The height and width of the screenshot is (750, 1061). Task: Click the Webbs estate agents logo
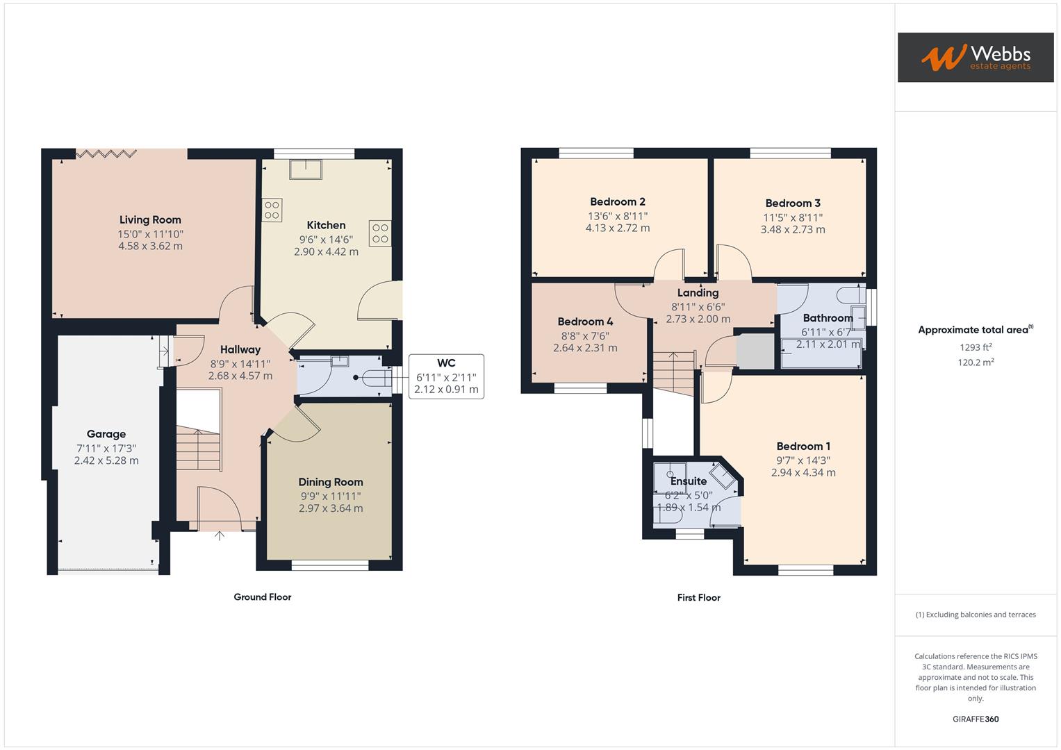[975, 57]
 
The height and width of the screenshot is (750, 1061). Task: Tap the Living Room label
[150, 219]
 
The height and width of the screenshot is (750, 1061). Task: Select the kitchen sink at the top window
[305, 169]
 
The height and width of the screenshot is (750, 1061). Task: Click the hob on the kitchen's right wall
[380, 233]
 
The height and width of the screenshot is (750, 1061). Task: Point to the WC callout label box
[446, 376]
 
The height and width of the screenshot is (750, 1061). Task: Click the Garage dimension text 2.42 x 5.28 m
[106, 460]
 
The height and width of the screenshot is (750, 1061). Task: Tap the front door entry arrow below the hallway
[220, 535]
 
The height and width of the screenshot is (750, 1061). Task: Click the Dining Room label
[330, 482]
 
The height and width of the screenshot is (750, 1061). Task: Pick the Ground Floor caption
[262, 597]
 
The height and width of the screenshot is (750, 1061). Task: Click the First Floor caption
[698, 597]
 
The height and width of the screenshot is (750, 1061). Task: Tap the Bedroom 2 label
[618, 202]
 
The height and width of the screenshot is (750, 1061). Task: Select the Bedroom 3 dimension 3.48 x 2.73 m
[793, 229]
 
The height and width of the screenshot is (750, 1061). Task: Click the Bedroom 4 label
[585, 322]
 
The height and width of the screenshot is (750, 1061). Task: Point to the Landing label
[698, 293]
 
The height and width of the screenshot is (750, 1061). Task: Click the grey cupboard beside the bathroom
[755, 351]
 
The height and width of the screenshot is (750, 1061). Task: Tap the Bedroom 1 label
[803, 447]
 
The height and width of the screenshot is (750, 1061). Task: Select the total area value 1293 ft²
[976, 347]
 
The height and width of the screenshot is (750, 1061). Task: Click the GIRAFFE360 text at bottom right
[976, 719]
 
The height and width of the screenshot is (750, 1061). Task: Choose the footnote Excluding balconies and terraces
[976, 615]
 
